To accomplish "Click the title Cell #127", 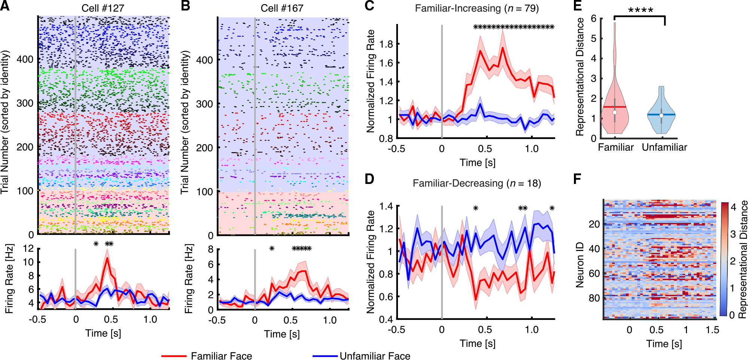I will [x=103, y=8].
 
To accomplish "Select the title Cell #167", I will [x=282, y=8].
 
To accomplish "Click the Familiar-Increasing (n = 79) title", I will [x=477, y=8].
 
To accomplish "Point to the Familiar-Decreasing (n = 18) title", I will [x=477, y=183].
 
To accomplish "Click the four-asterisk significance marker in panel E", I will [x=641, y=10].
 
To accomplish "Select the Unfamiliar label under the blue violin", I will [x=664, y=147].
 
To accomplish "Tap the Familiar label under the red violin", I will [x=615, y=147].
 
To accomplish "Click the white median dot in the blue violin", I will [x=661, y=115].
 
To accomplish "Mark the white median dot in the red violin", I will [x=614, y=112].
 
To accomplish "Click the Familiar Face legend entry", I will [x=221, y=356].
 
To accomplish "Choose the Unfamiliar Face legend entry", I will [x=375, y=356].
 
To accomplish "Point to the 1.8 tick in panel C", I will [x=386, y=44].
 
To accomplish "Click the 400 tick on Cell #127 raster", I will [x=25, y=59].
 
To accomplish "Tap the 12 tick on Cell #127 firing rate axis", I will [x=28, y=248].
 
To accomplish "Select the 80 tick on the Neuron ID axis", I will [x=594, y=298].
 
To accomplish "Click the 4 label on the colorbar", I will [x=733, y=207].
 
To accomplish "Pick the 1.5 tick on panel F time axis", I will [x=712, y=330].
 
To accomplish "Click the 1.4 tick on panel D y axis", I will [x=386, y=206].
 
